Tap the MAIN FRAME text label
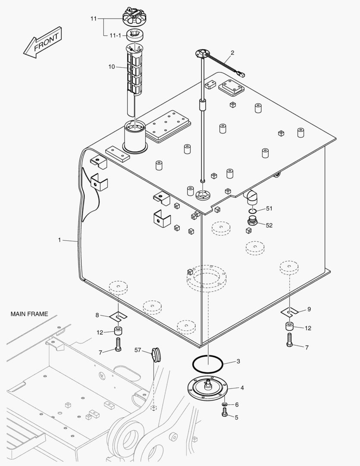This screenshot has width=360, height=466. [29, 314]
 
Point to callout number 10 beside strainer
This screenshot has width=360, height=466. [112, 66]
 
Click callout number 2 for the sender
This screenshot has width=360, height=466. [232, 53]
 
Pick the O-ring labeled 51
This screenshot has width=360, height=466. [253, 211]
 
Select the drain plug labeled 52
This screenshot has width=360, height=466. [253, 223]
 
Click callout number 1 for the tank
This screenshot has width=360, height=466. [59, 239]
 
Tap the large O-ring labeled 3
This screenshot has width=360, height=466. [208, 363]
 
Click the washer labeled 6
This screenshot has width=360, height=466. [225, 405]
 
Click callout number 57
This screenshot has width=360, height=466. [138, 350]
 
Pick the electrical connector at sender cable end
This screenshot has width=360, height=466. [241, 74]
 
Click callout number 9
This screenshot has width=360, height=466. [309, 309]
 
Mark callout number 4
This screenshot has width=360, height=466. [242, 388]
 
